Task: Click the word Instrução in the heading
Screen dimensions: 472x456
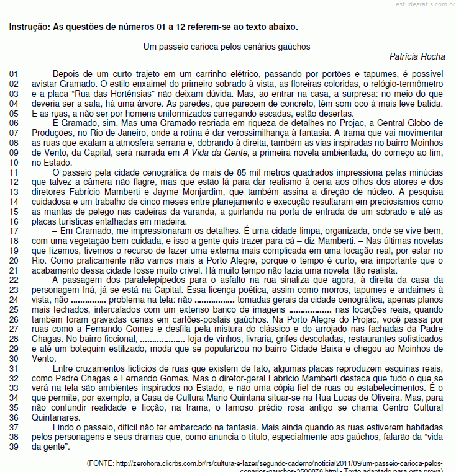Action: click(x=29, y=27)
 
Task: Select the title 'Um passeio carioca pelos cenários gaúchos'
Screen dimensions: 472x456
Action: click(x=227, y=47)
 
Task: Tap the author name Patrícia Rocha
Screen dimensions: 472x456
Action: click(x=417, y=56)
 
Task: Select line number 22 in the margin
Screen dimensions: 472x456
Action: click(x=14, y=280)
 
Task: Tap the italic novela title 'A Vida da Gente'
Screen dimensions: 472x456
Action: click(x=212, y=153)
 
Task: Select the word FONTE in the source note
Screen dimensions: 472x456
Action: click(x=101, y=463)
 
